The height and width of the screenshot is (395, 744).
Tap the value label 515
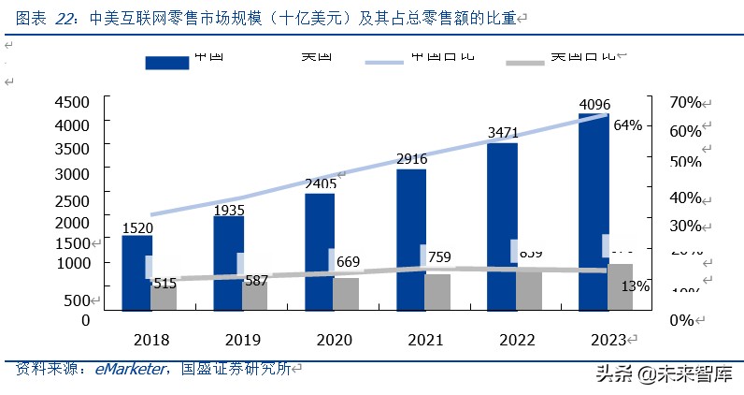(x=165, y=283)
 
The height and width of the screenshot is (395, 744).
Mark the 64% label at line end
(x=627, y=125)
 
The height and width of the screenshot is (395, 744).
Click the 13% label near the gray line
(x=636, y=285)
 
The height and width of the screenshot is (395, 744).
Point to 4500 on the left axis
(x=72, y=102)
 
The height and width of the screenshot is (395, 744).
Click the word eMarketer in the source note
(x=131, y=370)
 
